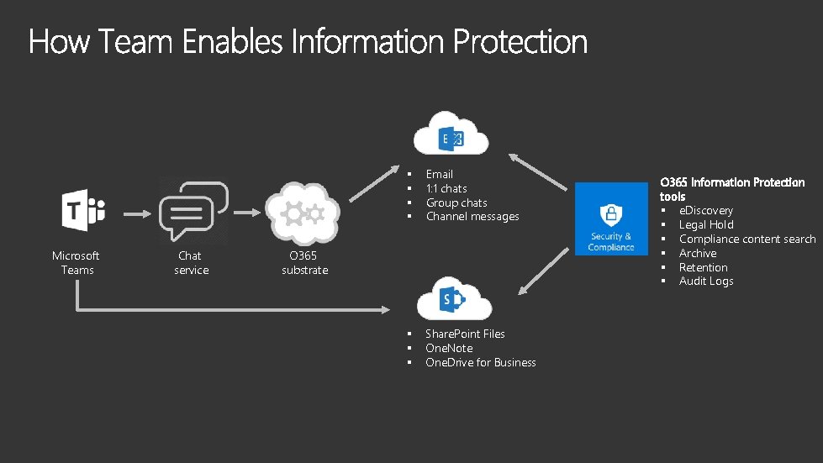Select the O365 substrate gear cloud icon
(x=301, y=213)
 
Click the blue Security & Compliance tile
(x=611, y=218)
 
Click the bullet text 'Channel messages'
(x=472, y=217)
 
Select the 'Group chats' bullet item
(x=456, y=203)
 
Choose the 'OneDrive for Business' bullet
(x=480, y=363)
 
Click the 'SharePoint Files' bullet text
(x=465, y=334)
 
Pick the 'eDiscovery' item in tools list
(x=705, y=211)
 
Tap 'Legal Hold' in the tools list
(x=705, y=225)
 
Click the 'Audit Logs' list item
(x=705, y=281)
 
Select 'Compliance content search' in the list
(x=747, y=239)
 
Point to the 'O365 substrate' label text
(x=304, y=263)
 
